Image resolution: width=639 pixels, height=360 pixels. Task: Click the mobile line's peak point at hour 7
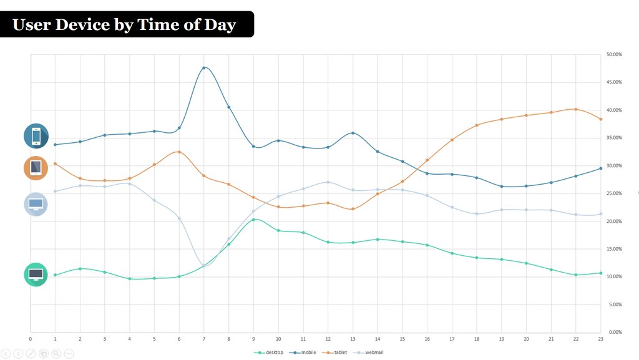click(x=204, y=67)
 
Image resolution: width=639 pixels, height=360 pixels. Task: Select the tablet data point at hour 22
click(x=575, y=109)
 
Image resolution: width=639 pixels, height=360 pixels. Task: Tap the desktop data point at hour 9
click(x=253, y=219)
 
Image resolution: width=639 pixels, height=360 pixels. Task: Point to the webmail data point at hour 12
click(x=328, y=182)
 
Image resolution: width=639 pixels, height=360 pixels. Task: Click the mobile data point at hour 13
click(x=353, y=133)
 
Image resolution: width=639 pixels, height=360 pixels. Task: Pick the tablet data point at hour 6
click(x=179, y=152)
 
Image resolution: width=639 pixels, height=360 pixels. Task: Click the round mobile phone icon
click(x=36, y=136)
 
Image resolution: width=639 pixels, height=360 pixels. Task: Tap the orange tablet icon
click(x=36, y=168)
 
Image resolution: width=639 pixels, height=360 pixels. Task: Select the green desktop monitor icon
click(x=36, y=275)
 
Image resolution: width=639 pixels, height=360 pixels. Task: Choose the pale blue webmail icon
click(x=36, y=204)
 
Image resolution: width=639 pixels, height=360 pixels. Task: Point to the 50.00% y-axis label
click(x=614, y=55)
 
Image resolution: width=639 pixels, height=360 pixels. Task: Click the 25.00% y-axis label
click(x=614, y=193)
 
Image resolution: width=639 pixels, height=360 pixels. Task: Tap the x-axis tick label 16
click(x=427, y=339)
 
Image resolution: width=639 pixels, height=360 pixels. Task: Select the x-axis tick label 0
click(x=30, y=339)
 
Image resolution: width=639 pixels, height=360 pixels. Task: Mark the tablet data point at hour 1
click(x=55, y=163)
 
